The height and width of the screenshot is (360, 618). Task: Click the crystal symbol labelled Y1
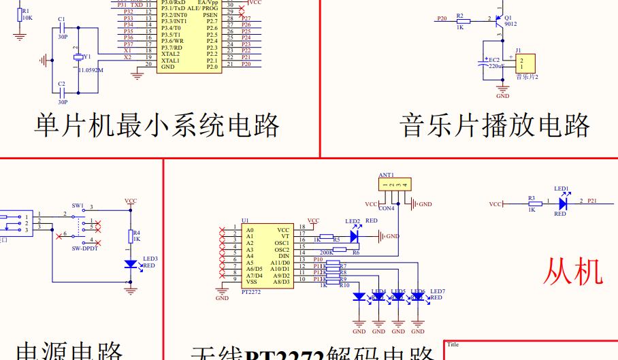78,57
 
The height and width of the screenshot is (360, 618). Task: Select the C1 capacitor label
62,19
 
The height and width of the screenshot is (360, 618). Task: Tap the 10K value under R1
27,18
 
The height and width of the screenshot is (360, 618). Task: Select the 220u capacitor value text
495,67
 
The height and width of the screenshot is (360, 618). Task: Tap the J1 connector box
524,63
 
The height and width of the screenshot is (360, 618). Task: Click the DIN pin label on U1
284,256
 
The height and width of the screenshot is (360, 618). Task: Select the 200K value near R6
327,252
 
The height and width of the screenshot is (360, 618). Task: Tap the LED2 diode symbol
354,236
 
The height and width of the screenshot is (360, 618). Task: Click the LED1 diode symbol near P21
563,203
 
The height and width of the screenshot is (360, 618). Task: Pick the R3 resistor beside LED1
532,204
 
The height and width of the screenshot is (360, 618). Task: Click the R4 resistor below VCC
131,237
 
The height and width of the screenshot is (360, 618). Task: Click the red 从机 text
573,272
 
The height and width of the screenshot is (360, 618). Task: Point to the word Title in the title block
453,345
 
